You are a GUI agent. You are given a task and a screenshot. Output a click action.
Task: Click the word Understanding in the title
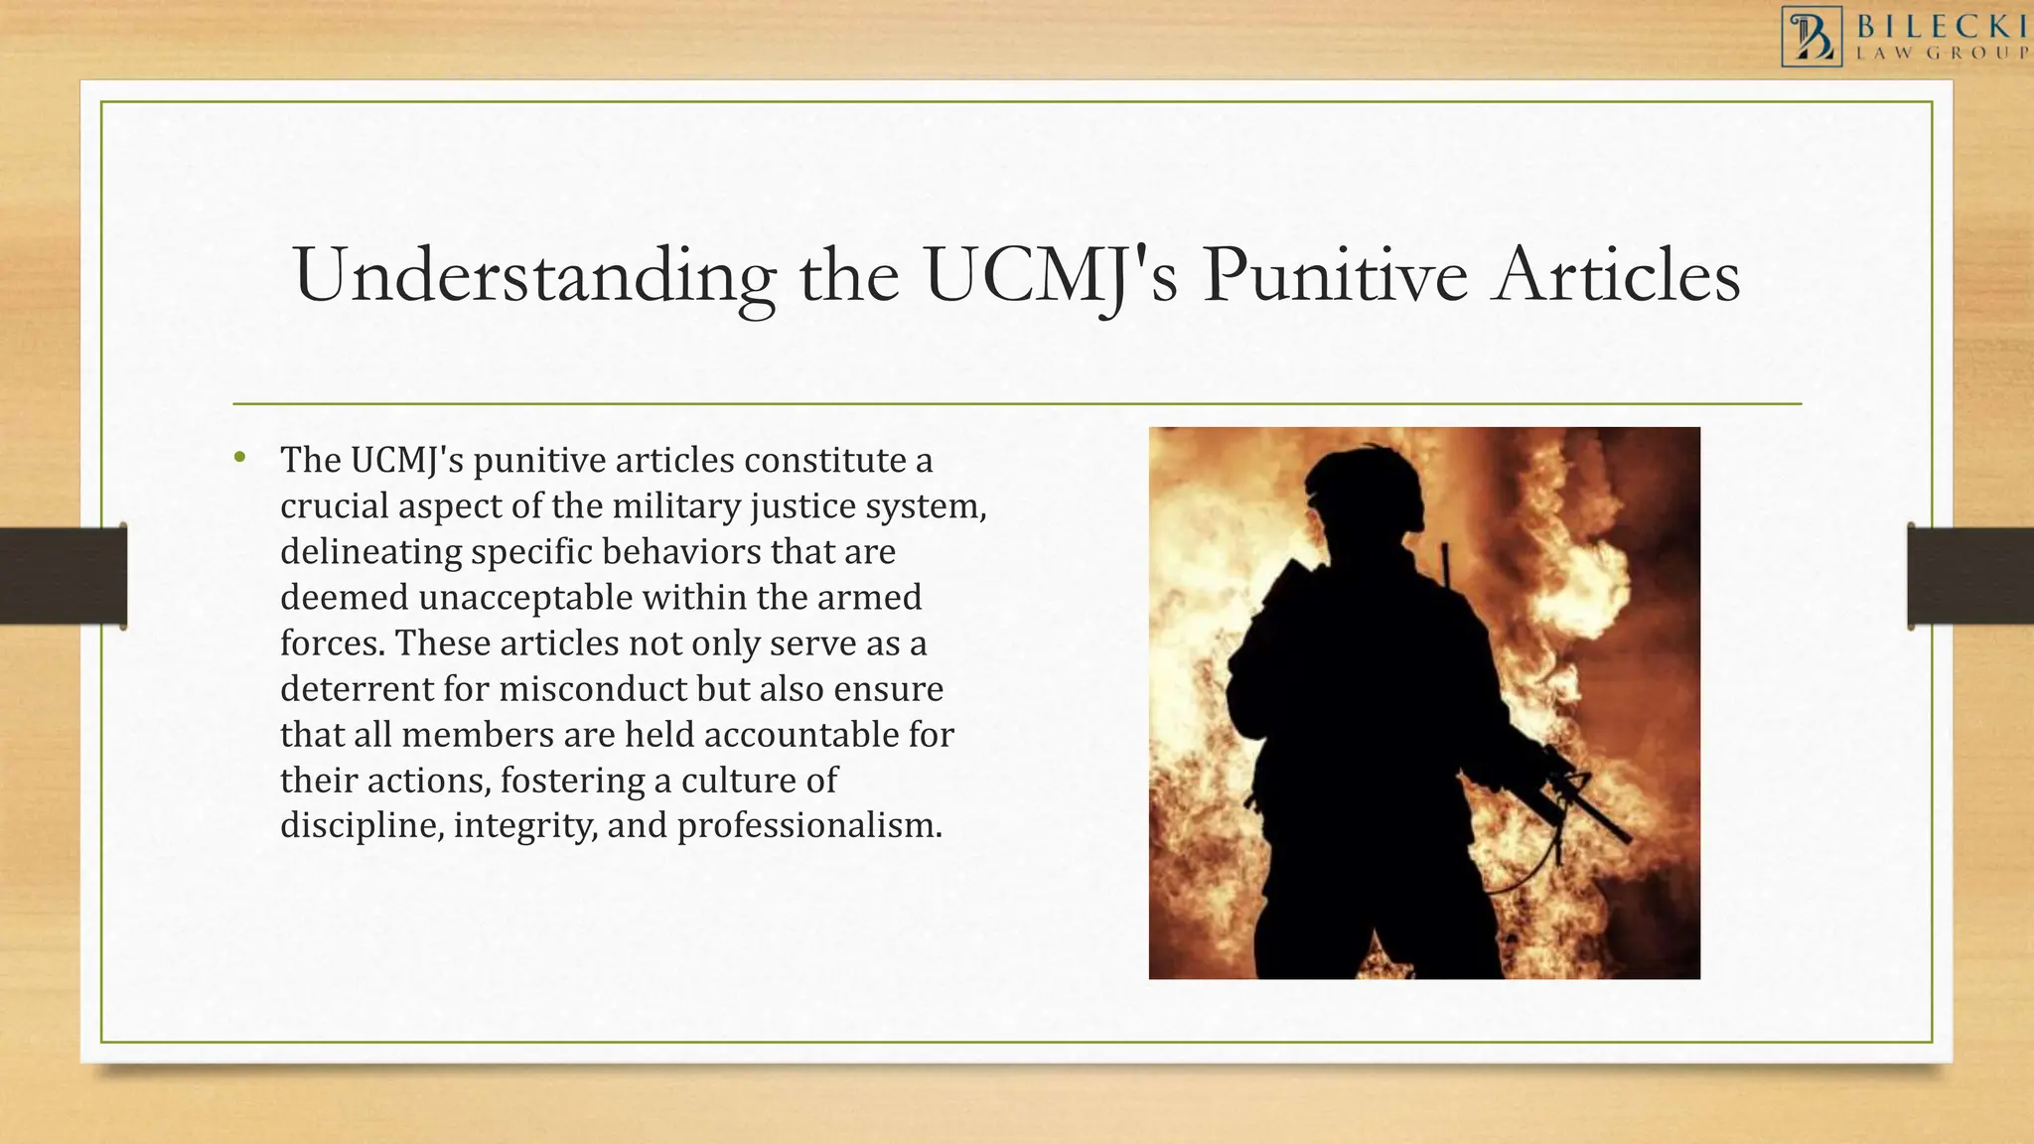(533, 276)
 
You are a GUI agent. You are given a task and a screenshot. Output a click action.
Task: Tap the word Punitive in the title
(1335, 276)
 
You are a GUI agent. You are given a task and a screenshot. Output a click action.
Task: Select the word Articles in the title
(1617, 276)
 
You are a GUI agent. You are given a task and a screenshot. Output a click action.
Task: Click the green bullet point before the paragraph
(239, 458)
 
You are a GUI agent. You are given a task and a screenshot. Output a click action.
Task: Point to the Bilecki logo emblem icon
(1812, 37)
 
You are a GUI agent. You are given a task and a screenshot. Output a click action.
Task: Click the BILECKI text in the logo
(1942, 26)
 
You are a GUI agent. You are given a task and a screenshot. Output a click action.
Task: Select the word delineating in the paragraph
(370, 552)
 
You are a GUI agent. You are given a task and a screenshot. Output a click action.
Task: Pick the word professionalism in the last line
(808, 826)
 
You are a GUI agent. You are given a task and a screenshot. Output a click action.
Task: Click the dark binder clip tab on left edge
(63, 576)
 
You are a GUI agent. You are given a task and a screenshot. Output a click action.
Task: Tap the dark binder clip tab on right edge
(1970, 576)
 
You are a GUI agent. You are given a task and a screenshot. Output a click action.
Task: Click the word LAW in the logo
(1883, 54)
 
